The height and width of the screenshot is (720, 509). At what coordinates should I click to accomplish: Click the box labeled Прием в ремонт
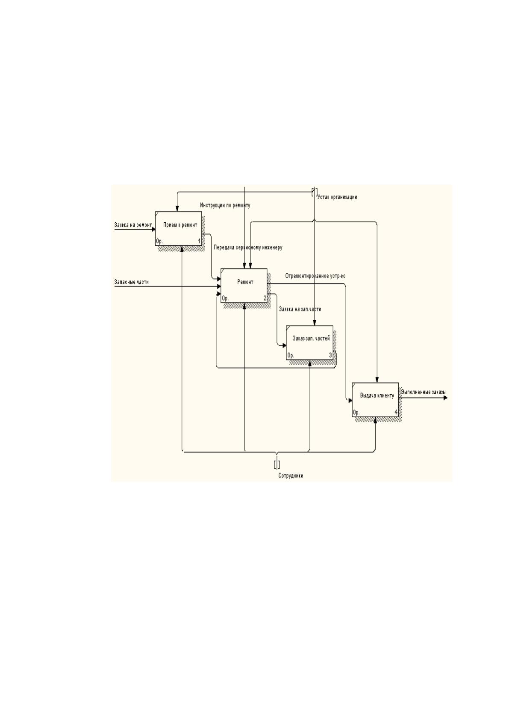pyautogui.click(x=178, y=229)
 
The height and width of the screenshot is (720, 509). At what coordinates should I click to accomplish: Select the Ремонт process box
pyautogui.click(x=244, y=286)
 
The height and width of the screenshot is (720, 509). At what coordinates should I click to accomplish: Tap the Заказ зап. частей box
pyautogui.click(x=309, y=342)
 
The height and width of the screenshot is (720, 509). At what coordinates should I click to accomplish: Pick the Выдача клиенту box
pyautogui.click(x=375, y=399)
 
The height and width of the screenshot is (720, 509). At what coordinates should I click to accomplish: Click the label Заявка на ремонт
pyautogui.click(x=133, y=225)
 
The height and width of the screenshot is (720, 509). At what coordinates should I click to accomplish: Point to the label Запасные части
pyautogui.click(x=132, y=282)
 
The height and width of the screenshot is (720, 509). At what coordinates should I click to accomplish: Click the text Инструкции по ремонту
pyautogui.click(x=225, y=205)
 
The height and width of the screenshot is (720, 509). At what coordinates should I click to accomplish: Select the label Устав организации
pyautogui.click(x=337, y=197)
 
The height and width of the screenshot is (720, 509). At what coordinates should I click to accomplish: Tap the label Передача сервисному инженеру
pyautogui.click(x=248, y=248)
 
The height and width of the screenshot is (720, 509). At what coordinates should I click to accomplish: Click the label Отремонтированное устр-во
pyautogui.click(x=315, y=276)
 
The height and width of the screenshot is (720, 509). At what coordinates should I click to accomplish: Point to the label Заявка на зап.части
pyautogui.click(x=300, y=309)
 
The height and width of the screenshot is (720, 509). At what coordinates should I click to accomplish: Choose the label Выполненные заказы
pyautogui.click(x=423, y=392)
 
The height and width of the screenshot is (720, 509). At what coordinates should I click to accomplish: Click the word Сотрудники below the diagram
pyautogui.click(x=291, y=476)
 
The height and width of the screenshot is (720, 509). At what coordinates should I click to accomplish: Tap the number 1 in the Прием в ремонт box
pyautogui.click(x=199, y=241)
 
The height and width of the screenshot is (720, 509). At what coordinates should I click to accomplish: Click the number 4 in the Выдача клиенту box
pyautogui.click(x=396, y=412)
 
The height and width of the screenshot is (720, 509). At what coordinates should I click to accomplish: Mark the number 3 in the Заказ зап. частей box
pyautogui.click(x=330, y=355)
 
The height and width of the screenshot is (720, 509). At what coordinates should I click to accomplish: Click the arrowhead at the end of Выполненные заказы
pyautogui.click(x=445, y=398)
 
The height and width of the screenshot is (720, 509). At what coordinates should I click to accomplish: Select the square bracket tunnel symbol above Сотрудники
pyautogui.click(x=277, y=464)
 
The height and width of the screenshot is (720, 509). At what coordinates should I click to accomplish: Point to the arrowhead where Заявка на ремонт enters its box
pyautogui.click(x=153, y=230)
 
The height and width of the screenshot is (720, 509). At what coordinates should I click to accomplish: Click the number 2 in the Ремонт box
pyautogui.click(x=265, y=298)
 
